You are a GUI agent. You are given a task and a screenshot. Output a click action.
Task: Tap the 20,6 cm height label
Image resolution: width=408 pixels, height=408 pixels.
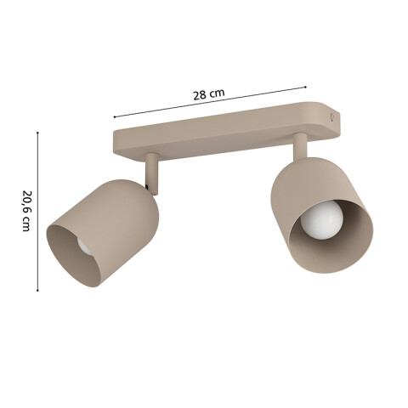(25, 212)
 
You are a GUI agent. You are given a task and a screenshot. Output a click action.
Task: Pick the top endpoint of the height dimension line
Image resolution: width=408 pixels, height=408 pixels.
(37, 132)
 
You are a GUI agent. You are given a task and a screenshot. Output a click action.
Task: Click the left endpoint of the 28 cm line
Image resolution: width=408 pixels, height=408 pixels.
(114, 116)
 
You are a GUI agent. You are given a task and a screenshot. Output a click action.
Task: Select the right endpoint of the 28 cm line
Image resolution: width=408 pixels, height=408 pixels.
(306, 85)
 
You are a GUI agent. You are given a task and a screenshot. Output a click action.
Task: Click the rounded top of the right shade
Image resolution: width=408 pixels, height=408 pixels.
(297, 174)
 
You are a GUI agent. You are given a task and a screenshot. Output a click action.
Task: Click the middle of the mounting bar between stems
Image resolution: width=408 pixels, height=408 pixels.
(225, 136)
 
